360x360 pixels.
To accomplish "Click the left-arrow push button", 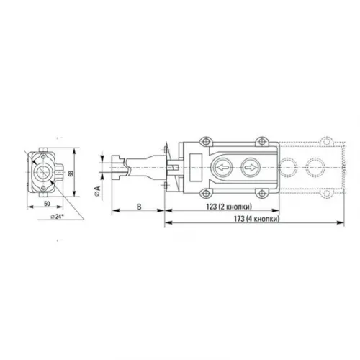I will (x=222, y=166).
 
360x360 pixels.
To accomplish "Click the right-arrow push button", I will (x=249, y=166).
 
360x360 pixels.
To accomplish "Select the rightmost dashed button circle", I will (x=317, y=166).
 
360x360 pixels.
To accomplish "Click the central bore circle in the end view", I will (x=42, y=172).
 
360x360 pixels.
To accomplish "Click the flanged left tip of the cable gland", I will (x=117, y=166).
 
